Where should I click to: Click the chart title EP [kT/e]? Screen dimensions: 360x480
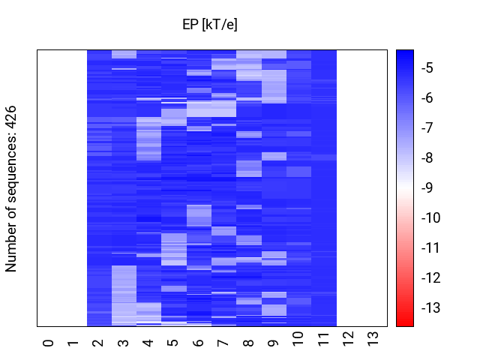[210, 25]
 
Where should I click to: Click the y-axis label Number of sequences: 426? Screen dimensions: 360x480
[12, 188]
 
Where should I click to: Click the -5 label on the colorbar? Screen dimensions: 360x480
[428, 68]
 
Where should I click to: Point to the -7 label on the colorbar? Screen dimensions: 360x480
[428, 128]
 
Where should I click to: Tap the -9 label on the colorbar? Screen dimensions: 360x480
[428, 188]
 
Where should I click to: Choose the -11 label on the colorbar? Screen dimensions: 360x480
[431, 248]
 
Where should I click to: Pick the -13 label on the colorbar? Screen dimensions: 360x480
[431, 308]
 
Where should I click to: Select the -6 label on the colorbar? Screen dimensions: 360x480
[428, 98]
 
